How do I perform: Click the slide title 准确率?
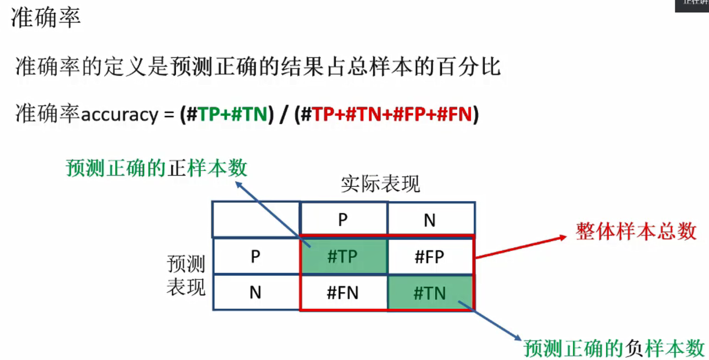point(46,18)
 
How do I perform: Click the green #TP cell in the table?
point(342,256)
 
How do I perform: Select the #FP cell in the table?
point(430,256)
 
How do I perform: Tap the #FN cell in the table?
point(342,293)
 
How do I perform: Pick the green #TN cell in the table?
point(430,293)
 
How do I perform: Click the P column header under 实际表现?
point(343,220)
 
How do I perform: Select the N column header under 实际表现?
point(430,220)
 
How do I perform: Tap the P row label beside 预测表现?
point(256,256)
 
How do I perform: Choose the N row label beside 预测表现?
point(256,293)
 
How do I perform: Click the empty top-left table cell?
point(256,219)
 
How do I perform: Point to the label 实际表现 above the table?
point(380,184)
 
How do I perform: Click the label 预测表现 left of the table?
point(185,275)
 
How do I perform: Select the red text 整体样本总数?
point(636,232)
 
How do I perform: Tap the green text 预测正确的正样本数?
point(156,168)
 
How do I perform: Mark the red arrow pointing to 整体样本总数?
point(521,248)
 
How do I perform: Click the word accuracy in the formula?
point(119,114)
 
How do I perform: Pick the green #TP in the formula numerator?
point(209,114)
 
